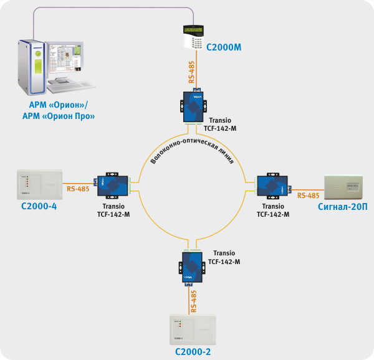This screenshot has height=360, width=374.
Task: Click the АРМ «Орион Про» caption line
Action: click(x=59, y=116)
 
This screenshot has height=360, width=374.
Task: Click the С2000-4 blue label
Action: click(x=39, y=206)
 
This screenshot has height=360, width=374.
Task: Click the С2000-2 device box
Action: click(x=193, y=330)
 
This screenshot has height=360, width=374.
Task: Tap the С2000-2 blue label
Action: click(x=193, y=352)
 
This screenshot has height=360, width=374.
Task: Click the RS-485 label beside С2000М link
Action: click(x=192, y=73)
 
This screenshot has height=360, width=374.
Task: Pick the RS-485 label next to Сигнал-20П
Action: click(x=309, y=196)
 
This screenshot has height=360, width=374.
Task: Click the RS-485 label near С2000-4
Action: click(x=77, y=188)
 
